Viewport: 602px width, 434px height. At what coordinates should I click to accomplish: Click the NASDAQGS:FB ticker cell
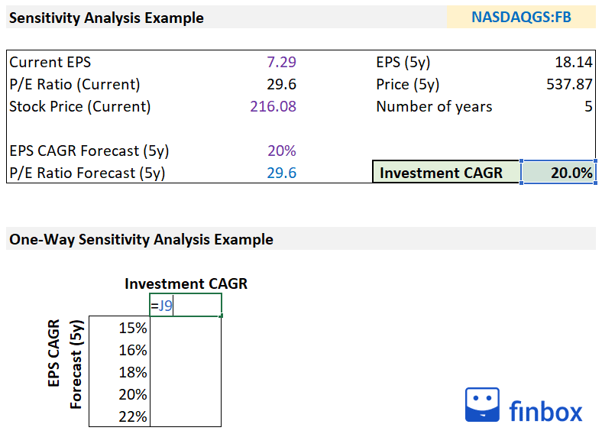click(x=521, y=17)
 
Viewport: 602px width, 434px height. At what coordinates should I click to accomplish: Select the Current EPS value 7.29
click(x=281, y=62)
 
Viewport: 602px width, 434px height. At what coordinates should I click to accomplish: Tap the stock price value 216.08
click(x=273, y=106)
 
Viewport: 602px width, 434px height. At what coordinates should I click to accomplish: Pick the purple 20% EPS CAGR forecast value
click(x=282, y=151)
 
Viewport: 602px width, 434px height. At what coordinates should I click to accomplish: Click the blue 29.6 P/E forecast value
click(x=281, y=173)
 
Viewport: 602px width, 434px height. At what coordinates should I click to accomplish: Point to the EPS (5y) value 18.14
click(x=574, y=62)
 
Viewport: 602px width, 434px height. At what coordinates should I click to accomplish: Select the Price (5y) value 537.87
click(x=568, y=84)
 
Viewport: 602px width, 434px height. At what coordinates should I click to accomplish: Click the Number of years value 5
click(x=588, y=106)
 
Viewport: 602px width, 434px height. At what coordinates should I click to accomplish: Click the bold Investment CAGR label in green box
click(x=441, y=173)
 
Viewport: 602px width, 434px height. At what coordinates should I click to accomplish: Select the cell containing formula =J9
click(x=186, y=306)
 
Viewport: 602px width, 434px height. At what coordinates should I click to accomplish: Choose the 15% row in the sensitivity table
click(x=134, y=328)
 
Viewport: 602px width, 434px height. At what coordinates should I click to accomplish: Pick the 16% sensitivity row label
click(x=134, y=350)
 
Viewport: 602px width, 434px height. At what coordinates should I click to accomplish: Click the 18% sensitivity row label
click(x=134, y=372)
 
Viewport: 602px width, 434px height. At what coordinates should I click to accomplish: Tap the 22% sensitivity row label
click(x=134, y=416)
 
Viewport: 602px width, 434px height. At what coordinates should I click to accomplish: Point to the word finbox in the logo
click(x=545, y=411)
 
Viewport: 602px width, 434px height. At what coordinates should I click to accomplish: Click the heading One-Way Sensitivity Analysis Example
click(x=141, y=239)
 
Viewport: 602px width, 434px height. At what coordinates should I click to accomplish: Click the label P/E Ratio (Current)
click(x=75, y=84)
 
